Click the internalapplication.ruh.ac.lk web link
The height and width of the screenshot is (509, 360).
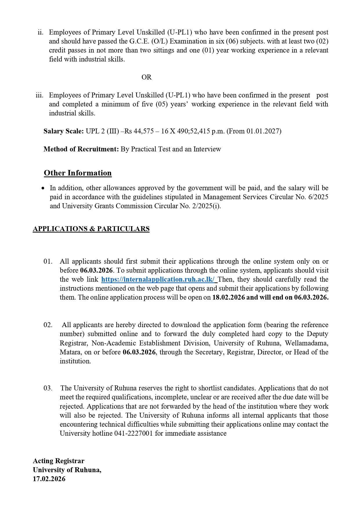[158, 279]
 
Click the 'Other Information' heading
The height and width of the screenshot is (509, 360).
[78, 173]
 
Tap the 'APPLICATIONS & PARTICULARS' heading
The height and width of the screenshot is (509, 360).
[91, 229]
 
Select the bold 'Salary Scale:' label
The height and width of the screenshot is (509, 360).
[64, 131]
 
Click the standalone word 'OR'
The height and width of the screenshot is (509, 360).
[146, 77]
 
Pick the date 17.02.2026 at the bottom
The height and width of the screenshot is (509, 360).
[49, 479]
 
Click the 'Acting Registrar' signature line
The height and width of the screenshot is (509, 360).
[59, 461]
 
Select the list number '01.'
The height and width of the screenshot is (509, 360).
[48, 261]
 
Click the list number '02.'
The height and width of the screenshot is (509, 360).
[48, 325]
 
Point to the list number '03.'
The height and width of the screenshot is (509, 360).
[48, 388]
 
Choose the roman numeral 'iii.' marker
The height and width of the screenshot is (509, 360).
[39, 95]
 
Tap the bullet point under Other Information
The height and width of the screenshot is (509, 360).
[43, 188]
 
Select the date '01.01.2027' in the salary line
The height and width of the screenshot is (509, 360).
[263, 131]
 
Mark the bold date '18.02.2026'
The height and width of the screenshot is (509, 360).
[229, 297]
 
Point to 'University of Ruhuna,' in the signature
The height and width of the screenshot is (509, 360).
[67, 470]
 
